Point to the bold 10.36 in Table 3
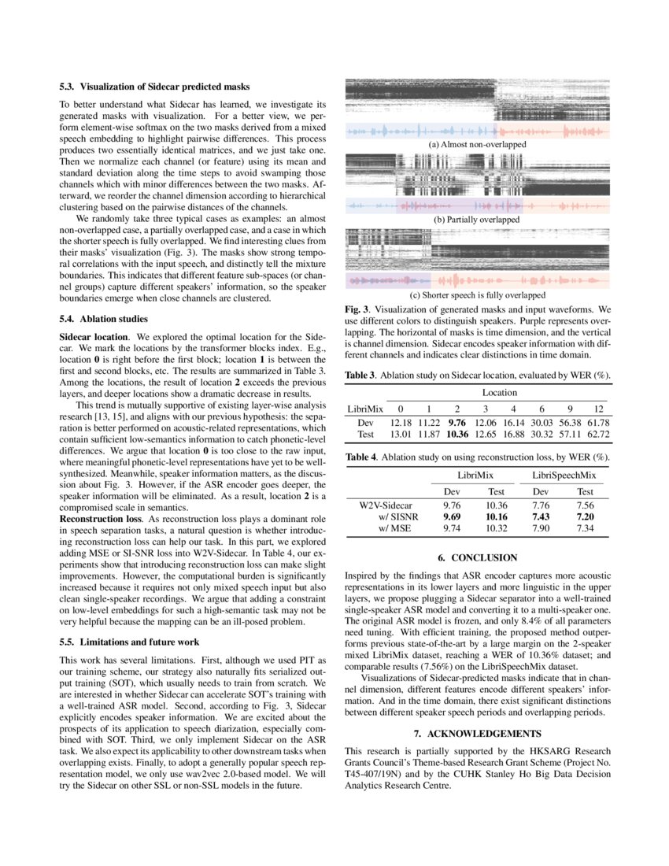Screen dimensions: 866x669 tap(456, 434)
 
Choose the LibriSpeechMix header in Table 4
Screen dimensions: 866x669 tap(564, 476)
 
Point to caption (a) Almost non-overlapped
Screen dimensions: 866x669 tap(478, 145)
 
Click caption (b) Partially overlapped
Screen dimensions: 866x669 tap(478, 220)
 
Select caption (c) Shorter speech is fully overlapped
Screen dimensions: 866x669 tap(478, 295)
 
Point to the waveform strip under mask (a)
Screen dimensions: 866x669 tap(478, 131)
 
